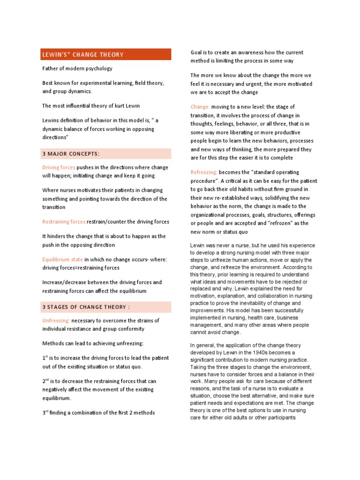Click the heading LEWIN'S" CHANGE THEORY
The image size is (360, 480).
pyautogui.click(x=83, y=55)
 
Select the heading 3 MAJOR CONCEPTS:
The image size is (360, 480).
pyautogui.click(x=71, y=154)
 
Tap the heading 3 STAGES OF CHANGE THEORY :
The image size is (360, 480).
pyautogui.click(x=86, y=307)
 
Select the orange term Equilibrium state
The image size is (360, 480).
pyautogui.click(x=62, y=259)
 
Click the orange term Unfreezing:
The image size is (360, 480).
pyautogui.click(x=56, y=321)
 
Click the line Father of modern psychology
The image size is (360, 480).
pyautogui.click(x=77, y=68)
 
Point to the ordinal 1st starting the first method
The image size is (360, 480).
pyautogui.click(x=45, y=358)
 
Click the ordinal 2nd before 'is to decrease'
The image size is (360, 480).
pyautogui.click(x=46, y=381)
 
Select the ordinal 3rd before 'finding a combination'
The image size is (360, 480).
pyautogui.click(x=45, y=412)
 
